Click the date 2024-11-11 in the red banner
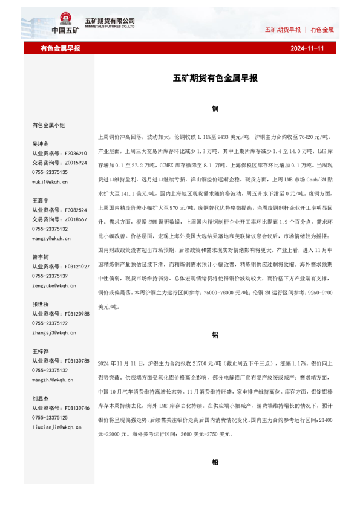(307, 48)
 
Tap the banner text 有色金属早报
(60, 48)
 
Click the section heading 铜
(215, 109)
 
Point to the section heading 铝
(215, 334)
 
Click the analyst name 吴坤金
(41, 144)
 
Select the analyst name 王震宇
(41, 199)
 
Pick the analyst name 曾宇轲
(41, 258)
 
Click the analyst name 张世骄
(41, 305)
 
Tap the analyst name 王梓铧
(41, 352)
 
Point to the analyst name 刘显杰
(41, 399)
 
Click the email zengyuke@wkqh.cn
(53, 285)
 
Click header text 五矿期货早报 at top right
(283, 30)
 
